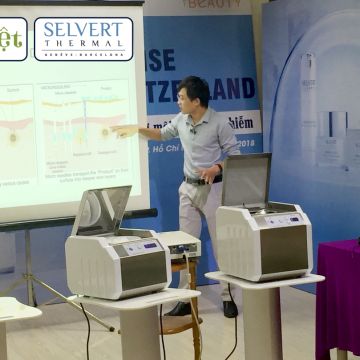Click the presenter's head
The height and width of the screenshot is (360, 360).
193,98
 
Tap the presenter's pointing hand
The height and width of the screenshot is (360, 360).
121,130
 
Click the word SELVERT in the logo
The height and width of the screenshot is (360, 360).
83,30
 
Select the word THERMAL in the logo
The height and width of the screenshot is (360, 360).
84,47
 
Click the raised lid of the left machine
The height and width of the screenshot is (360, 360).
102,210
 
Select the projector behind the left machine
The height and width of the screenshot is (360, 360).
178,242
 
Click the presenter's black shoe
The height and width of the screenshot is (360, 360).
230,308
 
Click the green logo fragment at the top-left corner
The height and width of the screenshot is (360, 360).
12,38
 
